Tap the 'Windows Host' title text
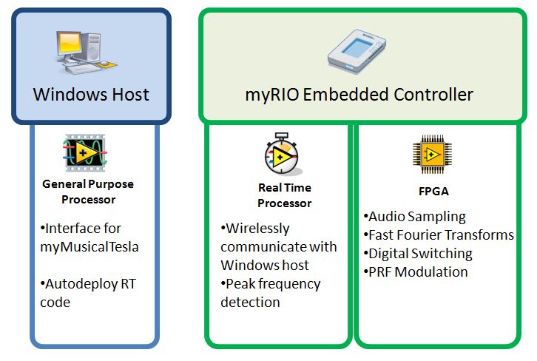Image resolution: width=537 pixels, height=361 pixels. [91, 95]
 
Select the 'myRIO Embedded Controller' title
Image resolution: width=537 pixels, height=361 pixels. [359, 95]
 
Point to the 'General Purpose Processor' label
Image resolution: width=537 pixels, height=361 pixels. [88, 192]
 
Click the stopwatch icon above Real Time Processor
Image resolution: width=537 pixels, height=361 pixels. [284, 155]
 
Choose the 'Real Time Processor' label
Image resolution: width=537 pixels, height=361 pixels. [285, 196]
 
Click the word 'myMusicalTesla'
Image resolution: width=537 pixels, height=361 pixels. [89, 246]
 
